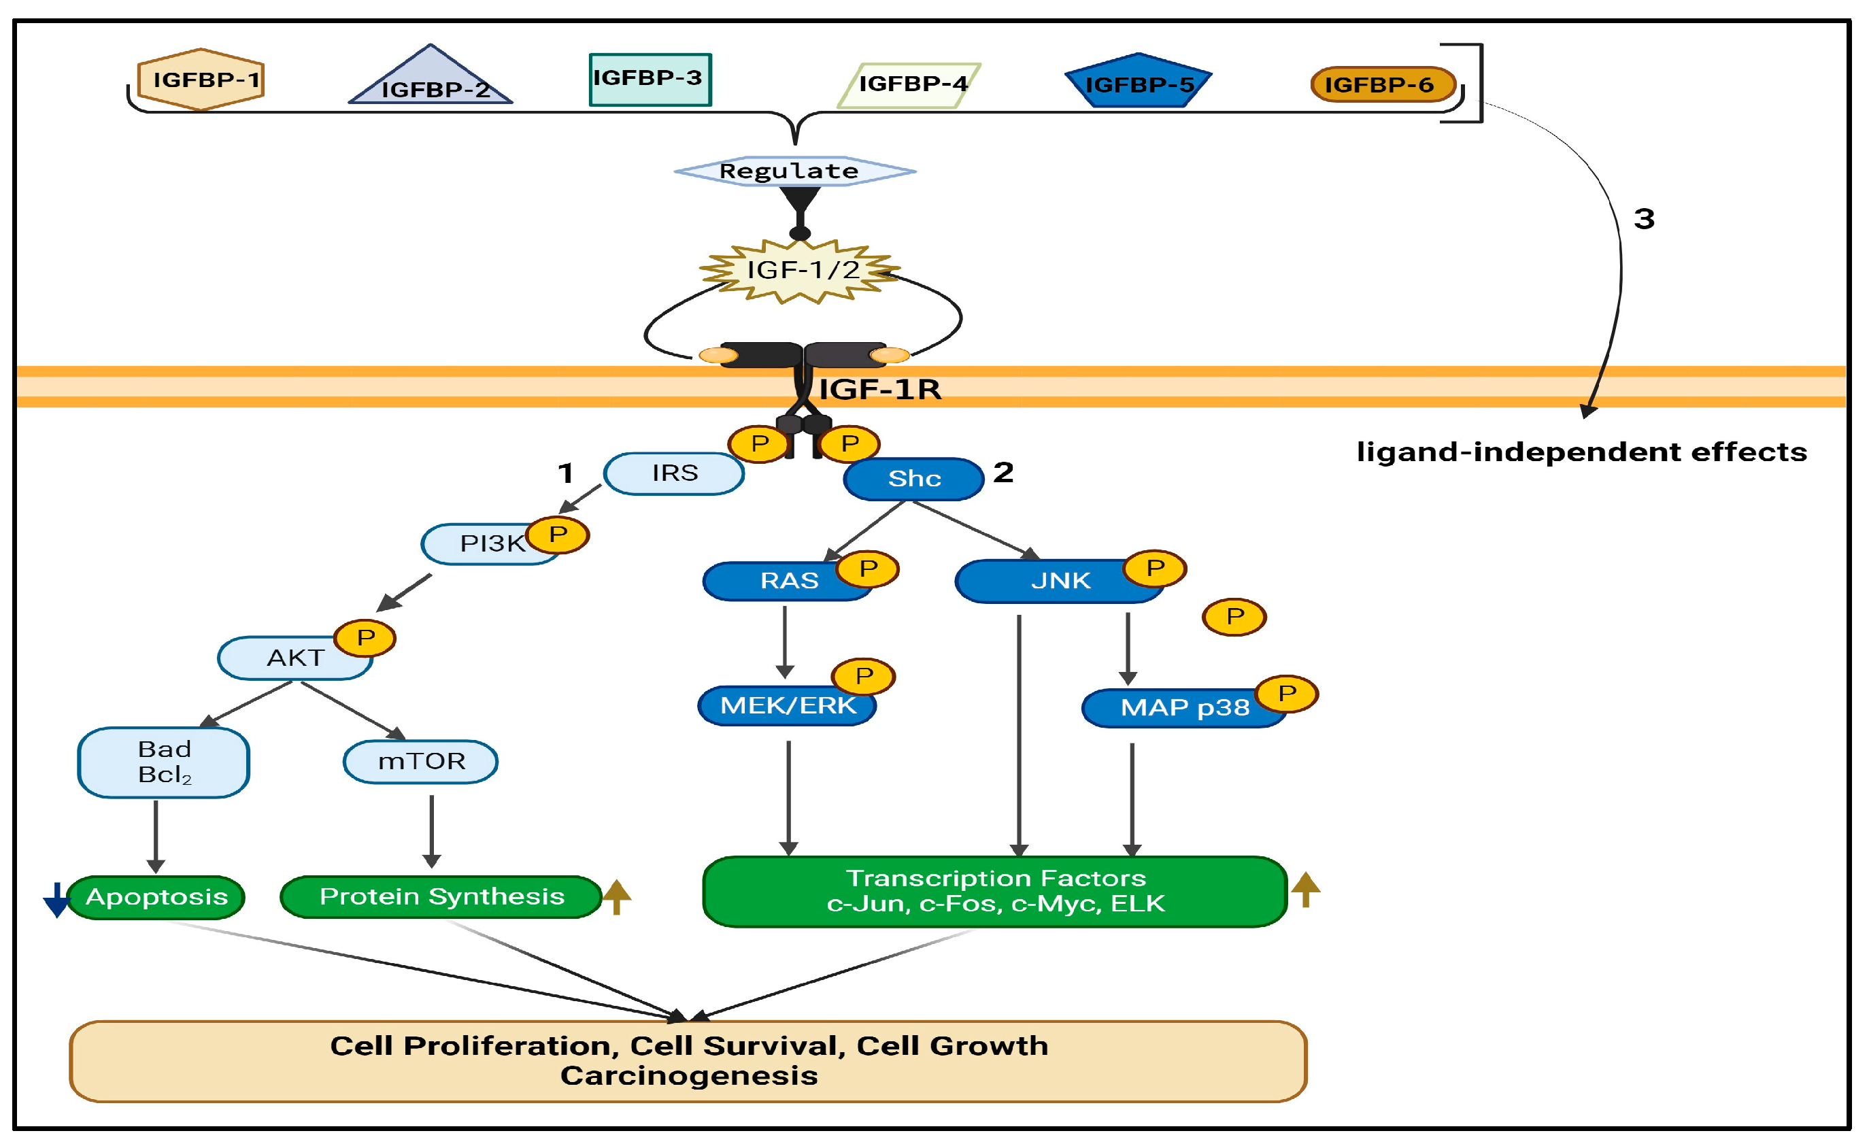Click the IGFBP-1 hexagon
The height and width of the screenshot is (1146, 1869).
201,80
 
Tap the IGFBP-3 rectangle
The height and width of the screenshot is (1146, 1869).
650,79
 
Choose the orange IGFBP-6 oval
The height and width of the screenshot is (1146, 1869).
1383,84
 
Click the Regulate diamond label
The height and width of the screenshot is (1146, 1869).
794,171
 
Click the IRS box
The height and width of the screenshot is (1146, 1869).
673,474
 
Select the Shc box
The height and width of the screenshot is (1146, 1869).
913,479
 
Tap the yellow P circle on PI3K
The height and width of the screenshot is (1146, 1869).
558,535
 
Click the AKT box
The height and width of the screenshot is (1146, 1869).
294,658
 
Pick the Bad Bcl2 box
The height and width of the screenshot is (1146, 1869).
164,762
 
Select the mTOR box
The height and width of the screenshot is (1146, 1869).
421,762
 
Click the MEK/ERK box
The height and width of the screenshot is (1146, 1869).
788,706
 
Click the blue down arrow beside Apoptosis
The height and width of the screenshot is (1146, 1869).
56,900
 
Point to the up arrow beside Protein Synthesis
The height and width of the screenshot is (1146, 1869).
617,896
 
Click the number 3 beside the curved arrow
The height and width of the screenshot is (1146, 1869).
1644,219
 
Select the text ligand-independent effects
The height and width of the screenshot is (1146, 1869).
1581,453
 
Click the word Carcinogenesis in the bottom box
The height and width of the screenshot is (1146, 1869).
689,1076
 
